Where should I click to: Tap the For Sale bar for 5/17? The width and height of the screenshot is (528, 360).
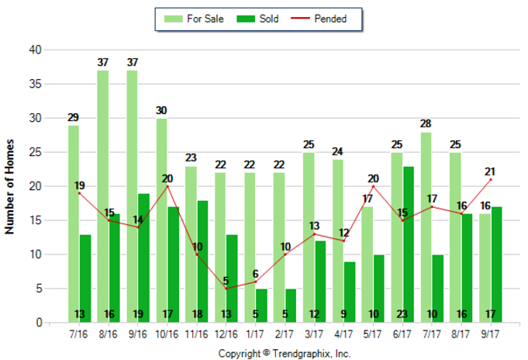[x=366, y=265]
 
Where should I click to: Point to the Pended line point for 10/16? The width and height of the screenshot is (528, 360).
[x=167, y=186]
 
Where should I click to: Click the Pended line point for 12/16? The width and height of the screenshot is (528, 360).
[x=226, y=289]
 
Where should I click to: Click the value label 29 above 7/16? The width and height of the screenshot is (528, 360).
[x=73, y=118]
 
